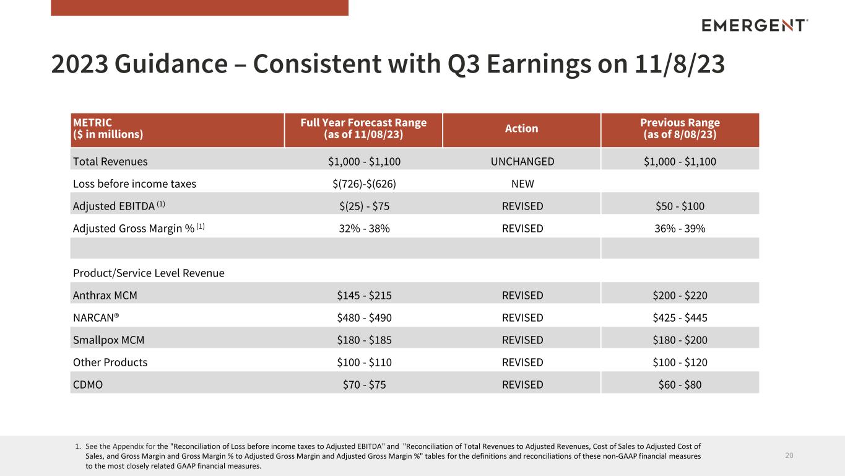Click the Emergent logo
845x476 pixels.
pyautogui.click(x=755, y=25)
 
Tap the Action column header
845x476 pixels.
pyautogui.click(x=521, y=128)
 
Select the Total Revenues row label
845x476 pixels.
pyautogui.click(x=110, y=161)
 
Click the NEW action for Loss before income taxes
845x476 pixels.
pyautogui.click(x=522, y=183)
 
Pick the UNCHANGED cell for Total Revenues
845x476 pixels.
pyautogui.click(x=522, y=161)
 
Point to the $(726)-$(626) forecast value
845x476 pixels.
pyautogui.click(x=364, y=183)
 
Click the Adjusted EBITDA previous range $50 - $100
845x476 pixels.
pyautogui.click(x=680, y=206)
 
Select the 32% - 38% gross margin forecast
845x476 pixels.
pyautogui.click(x=364, y=228)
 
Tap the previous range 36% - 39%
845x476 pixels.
pyautogui.click(x=680, y=228)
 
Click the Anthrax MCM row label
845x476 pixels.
pyautogui.click(x=105, y=295)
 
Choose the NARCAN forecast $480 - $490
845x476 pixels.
pyautogui.click(x=364, y=317)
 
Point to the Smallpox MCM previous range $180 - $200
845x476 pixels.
pyautogui.click(x=680, y=340)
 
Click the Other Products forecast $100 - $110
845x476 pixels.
pyautogui.click(x=364, y=362)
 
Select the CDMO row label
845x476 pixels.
pyautogui.click(x=87, y=384)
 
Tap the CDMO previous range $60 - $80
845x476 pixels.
pyautogui.click(x=680, y=384)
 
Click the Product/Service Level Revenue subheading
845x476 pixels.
pyautogui.click(x=149, y=273)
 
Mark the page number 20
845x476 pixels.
pyautogui.click(x=789, y=456)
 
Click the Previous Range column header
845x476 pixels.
pyautogui.click(x=680, y=128)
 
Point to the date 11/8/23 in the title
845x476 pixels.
pyautogui.click(x=679, y=63)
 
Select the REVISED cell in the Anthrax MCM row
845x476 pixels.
pyautogui.click(x=522, y=295)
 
